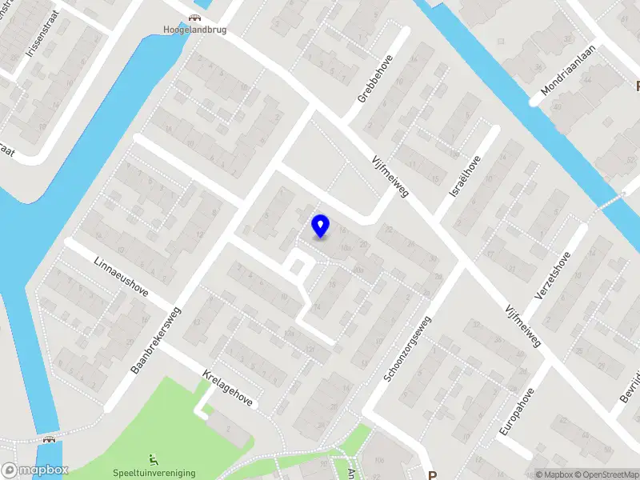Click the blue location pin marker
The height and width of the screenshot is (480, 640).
[x=320, y=226]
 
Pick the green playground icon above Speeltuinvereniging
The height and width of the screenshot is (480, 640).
[x=154, y=460]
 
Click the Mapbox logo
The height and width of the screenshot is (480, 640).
[x=34, y=470]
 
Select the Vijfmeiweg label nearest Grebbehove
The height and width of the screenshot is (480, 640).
[x=390, y=176]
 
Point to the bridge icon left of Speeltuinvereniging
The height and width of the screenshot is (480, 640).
[x=50, y=438]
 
